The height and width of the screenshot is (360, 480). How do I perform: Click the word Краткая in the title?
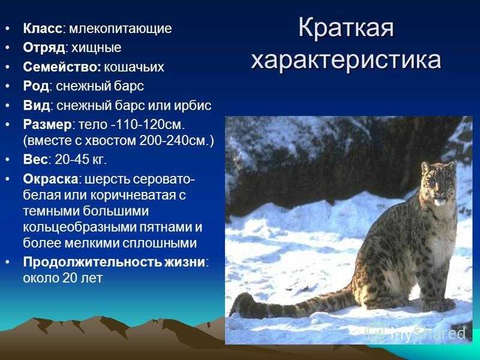click(x=346, y=28)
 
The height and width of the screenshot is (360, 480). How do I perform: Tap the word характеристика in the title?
click(x=346, y=61)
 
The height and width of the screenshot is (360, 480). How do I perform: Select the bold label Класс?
click(x=43, y=28)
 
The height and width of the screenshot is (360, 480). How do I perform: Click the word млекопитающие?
click(x=121, y=29)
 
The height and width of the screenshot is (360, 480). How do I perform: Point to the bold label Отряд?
click(x=44, y=48)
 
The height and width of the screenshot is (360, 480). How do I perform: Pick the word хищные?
click(x=96, y=49)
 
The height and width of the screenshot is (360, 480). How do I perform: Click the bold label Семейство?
click(x=62, y=67)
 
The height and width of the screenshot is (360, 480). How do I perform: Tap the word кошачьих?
click(x=134, y=67)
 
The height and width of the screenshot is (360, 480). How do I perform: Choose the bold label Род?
click(x=36, y=86)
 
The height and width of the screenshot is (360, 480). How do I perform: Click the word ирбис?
click(x=193, y=106)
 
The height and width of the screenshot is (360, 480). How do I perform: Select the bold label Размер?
click(x=47, y=125)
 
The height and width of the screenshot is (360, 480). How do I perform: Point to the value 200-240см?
click(x=174, y=141)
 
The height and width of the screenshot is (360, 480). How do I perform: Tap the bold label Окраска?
click(x=50, y=179)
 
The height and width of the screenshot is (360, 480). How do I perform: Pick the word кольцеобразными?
click(x=80, y=227)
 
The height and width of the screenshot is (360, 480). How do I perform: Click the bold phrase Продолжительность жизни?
click(x=114, y=262)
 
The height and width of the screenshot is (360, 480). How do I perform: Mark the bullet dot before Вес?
click(x=7, y=160)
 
